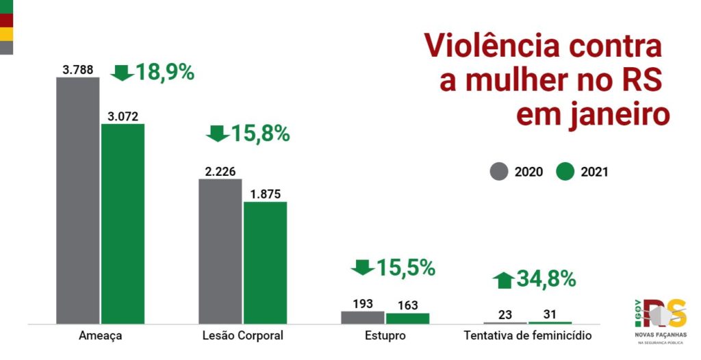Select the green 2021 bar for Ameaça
pos(123,223)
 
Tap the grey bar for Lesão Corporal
pos(220,250)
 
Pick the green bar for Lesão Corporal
pos(266,262)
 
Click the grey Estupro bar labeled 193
pos(363,317)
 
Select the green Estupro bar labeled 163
pos(407,318)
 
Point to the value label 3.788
pos(77,69)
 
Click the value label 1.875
pos(265,194)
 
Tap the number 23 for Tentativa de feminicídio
pos(505,315)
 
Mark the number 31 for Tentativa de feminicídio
pos(549,315)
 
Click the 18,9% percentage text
pos(165,72)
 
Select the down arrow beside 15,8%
pos(218,133)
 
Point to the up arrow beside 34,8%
pos(503,279)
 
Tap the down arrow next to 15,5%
pos(362,268)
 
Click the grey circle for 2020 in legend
pos(500,172)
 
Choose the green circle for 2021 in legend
pos(565,172)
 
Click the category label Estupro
pos(385,335)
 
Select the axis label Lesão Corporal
pos(243,335)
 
